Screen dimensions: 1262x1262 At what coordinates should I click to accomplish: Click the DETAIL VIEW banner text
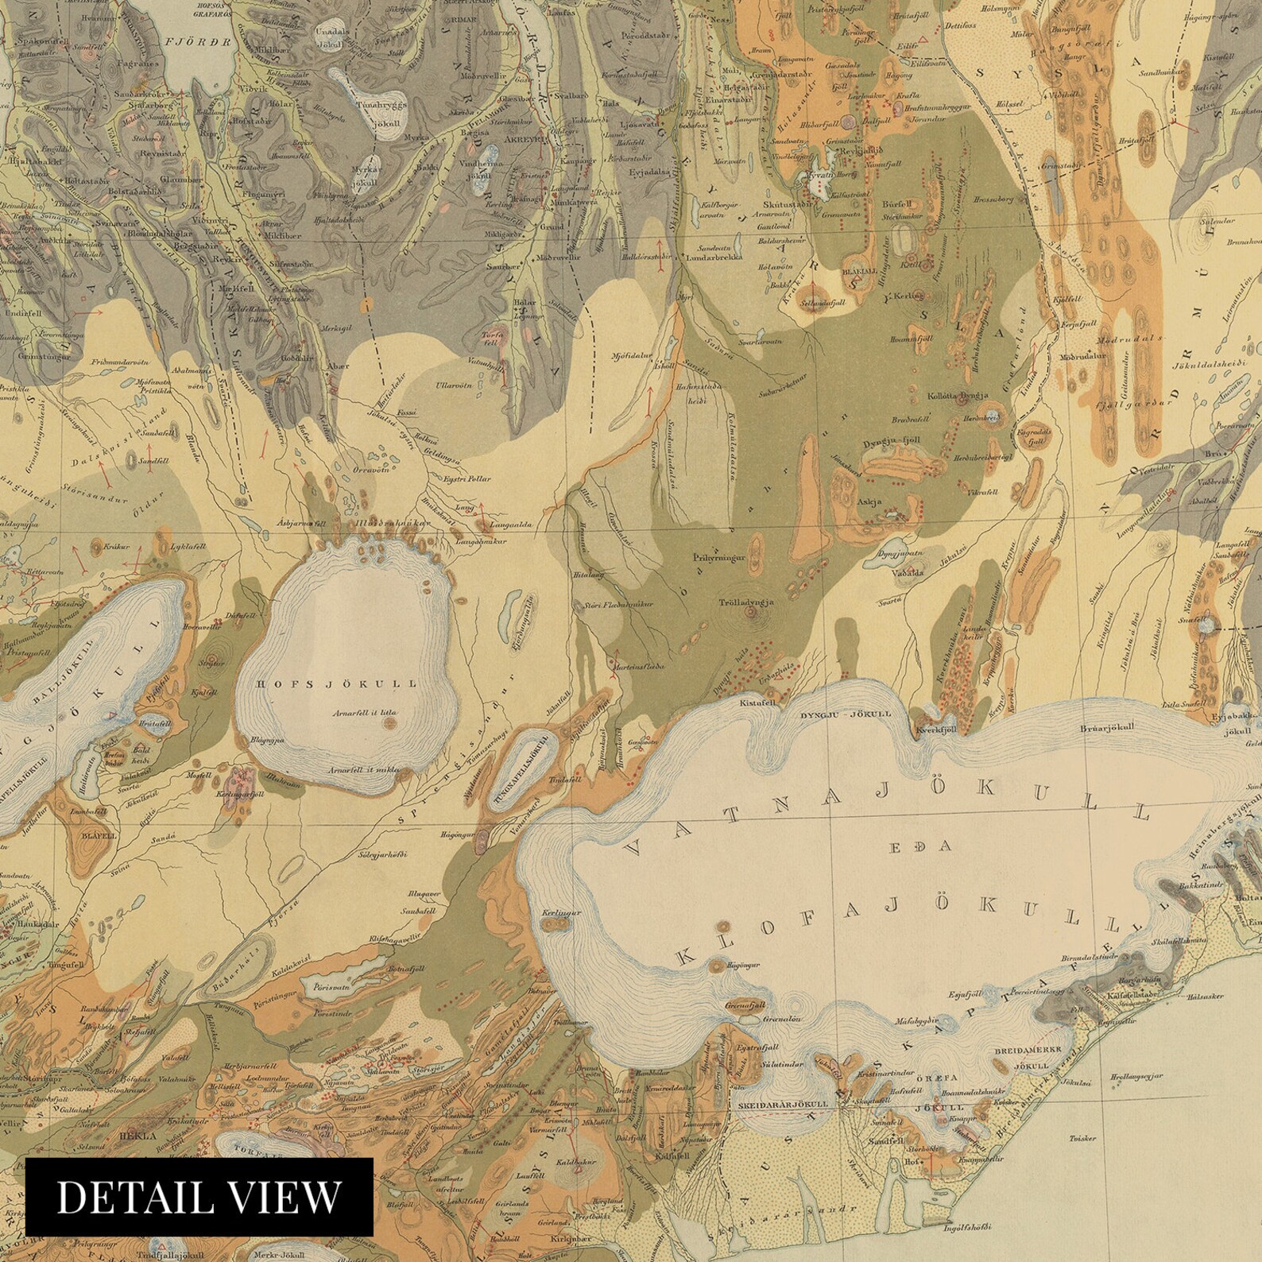(199, 1197)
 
